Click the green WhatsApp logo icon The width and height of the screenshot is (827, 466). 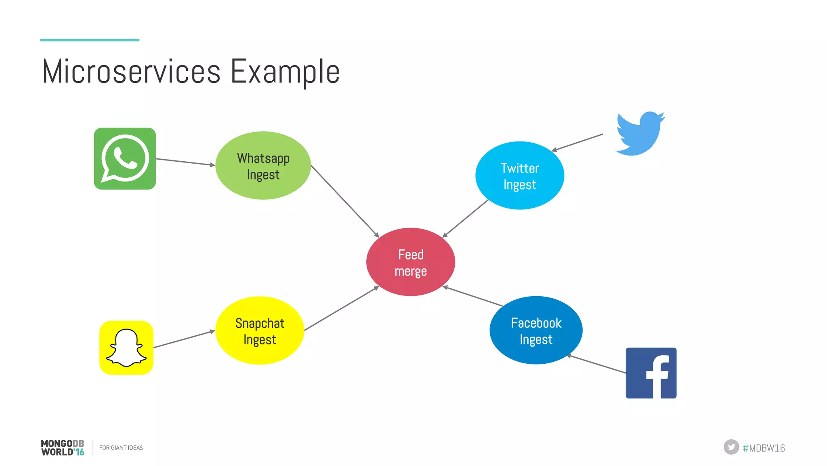(x=125, y=158)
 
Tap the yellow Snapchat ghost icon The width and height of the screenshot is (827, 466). (x=126, y=348)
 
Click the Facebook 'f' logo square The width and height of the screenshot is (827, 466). (x=651, y=373)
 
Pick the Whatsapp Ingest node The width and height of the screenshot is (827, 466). (x=263, y=165)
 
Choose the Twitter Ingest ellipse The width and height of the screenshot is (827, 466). (x=520, y=175)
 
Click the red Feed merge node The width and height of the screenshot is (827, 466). (x=411, y=262)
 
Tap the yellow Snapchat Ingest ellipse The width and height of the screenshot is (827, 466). (x=260, y=331)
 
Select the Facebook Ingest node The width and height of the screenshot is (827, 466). (x=536, y=330)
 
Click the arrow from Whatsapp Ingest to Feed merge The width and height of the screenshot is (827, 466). (x=345, y=201)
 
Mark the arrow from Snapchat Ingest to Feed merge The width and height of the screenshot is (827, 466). (x=341, y=308)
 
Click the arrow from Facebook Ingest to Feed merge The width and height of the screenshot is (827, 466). (x=472, y=296)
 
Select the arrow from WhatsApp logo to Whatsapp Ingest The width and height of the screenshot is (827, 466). (x=185, y=162)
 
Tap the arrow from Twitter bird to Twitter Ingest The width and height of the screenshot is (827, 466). (x=577, y=142)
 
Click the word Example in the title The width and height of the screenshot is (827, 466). (x=285, y=72)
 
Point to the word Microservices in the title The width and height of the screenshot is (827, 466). (x=131, y=72)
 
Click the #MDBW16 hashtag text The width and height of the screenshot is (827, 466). (x=764, y=448)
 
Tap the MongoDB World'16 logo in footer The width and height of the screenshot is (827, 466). (x=63, y=448)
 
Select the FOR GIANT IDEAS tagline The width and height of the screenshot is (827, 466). (x=121, y=448)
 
